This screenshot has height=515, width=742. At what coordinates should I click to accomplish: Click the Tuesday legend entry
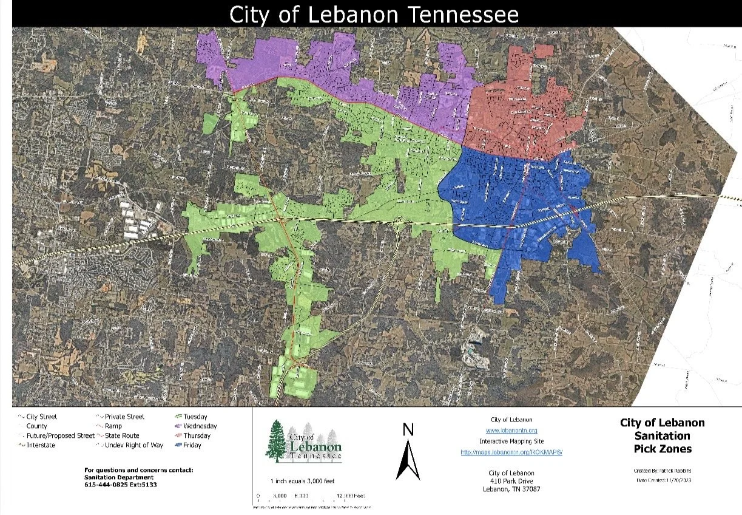[195, 417]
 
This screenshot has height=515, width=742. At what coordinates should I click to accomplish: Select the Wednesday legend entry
[199, 426]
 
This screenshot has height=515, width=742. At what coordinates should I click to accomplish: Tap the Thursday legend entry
[197, 435]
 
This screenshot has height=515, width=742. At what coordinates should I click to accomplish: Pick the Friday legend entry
[192, 445]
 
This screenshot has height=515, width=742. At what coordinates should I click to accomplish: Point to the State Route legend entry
[121, 435]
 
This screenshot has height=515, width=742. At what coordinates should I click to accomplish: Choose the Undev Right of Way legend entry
[133, 445]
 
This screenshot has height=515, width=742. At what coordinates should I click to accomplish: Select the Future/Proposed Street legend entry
[60, 435]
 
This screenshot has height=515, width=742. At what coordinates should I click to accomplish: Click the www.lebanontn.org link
[512, 430]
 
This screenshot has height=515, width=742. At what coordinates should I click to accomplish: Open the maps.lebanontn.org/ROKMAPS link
[512, 452]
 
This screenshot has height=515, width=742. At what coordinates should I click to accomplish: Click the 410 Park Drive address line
[512, 482]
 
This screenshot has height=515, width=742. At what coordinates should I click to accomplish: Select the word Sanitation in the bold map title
[662, 436]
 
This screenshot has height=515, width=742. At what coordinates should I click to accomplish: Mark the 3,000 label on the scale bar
[280, 496]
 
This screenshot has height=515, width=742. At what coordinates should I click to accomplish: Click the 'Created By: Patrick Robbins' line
[663, 471]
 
